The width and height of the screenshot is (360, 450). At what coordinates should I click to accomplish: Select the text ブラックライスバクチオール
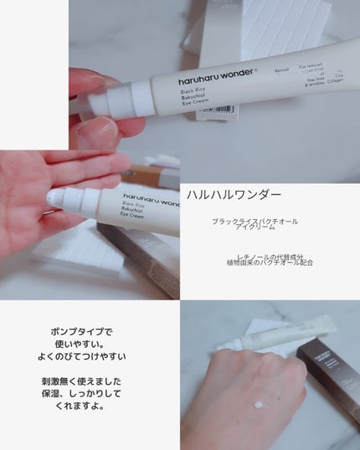[256, 221]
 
